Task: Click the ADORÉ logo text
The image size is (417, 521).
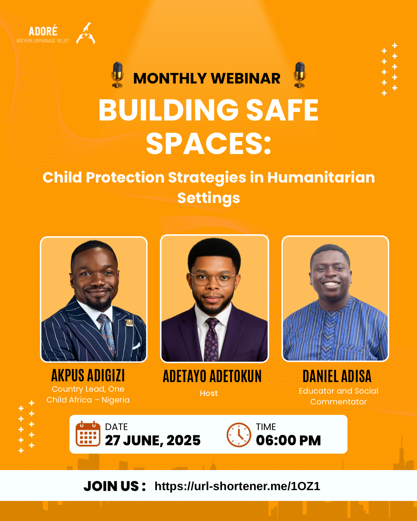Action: [x=43, y=31]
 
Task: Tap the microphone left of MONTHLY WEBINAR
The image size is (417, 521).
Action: [x=117, y=74]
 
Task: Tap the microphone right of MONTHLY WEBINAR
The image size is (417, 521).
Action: [x=300, y=74]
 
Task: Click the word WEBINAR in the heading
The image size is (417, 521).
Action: [x=246, y=78]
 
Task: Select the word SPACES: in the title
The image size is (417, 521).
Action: [x=208, y=143]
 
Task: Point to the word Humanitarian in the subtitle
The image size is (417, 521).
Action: [x=321, y=177]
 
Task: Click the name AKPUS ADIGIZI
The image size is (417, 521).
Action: [x=88, y=376]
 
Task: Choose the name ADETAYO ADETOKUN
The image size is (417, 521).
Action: [x=212, y=376]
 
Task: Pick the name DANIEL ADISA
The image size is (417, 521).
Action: [x=337, y=376]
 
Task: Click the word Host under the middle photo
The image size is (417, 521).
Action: [x=209, y=393]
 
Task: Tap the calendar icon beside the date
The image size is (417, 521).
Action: [x=88, y=434]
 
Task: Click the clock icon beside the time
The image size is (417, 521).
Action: [x=239, y=435]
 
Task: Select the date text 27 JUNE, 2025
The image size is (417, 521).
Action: [x=153, y=440]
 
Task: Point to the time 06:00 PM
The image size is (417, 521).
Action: [x=288, y=440]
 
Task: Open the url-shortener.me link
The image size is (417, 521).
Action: [x=237, y=486]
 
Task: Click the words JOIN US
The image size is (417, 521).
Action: [x=114, y=486]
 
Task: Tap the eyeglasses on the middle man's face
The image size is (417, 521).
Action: [x=214, y=279]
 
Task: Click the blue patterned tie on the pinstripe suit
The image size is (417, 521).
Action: [x=106, y=334]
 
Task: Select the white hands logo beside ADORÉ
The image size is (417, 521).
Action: [x=86, y=34]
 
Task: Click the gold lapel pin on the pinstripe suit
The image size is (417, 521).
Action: [x=129, y=323]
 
